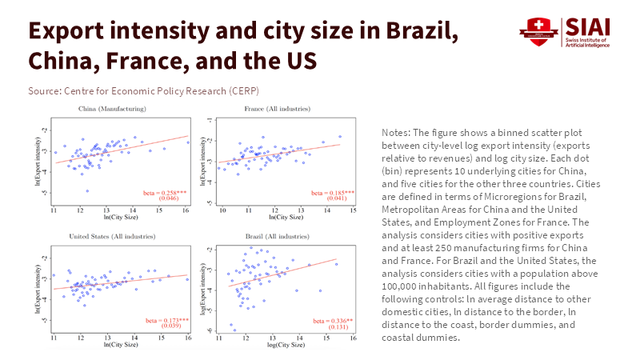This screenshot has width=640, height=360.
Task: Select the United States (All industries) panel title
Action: click(x=112, y=237)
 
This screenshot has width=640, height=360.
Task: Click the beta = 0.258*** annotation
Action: click(x=167, y=193)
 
